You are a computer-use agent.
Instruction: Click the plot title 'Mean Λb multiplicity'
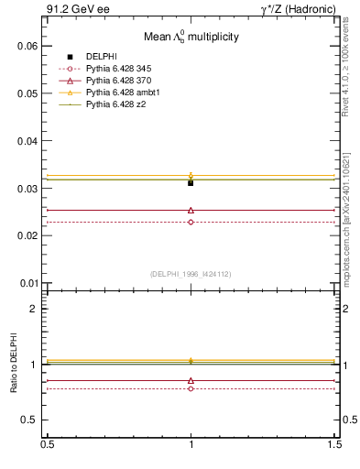(x=191, y=38)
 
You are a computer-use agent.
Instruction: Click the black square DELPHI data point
(x=191, y=183)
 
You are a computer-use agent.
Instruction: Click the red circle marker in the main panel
(x=191, y=222)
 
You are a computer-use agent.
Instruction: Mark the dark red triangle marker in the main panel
(x=191, y=210)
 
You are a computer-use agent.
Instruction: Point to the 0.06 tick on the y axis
(x=29, y=46)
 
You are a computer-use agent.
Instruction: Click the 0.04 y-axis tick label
(x=29, y=141)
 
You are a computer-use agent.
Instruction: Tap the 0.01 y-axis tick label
(x=29, y=283)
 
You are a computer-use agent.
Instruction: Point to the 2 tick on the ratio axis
(x=36, y=309)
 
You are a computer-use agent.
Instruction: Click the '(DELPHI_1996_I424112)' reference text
(x=191, y=273)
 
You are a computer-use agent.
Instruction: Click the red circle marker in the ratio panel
(x=191, y=388)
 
